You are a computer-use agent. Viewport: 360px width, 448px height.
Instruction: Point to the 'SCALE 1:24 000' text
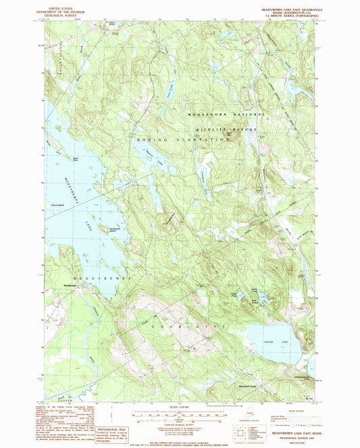(179, 405)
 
